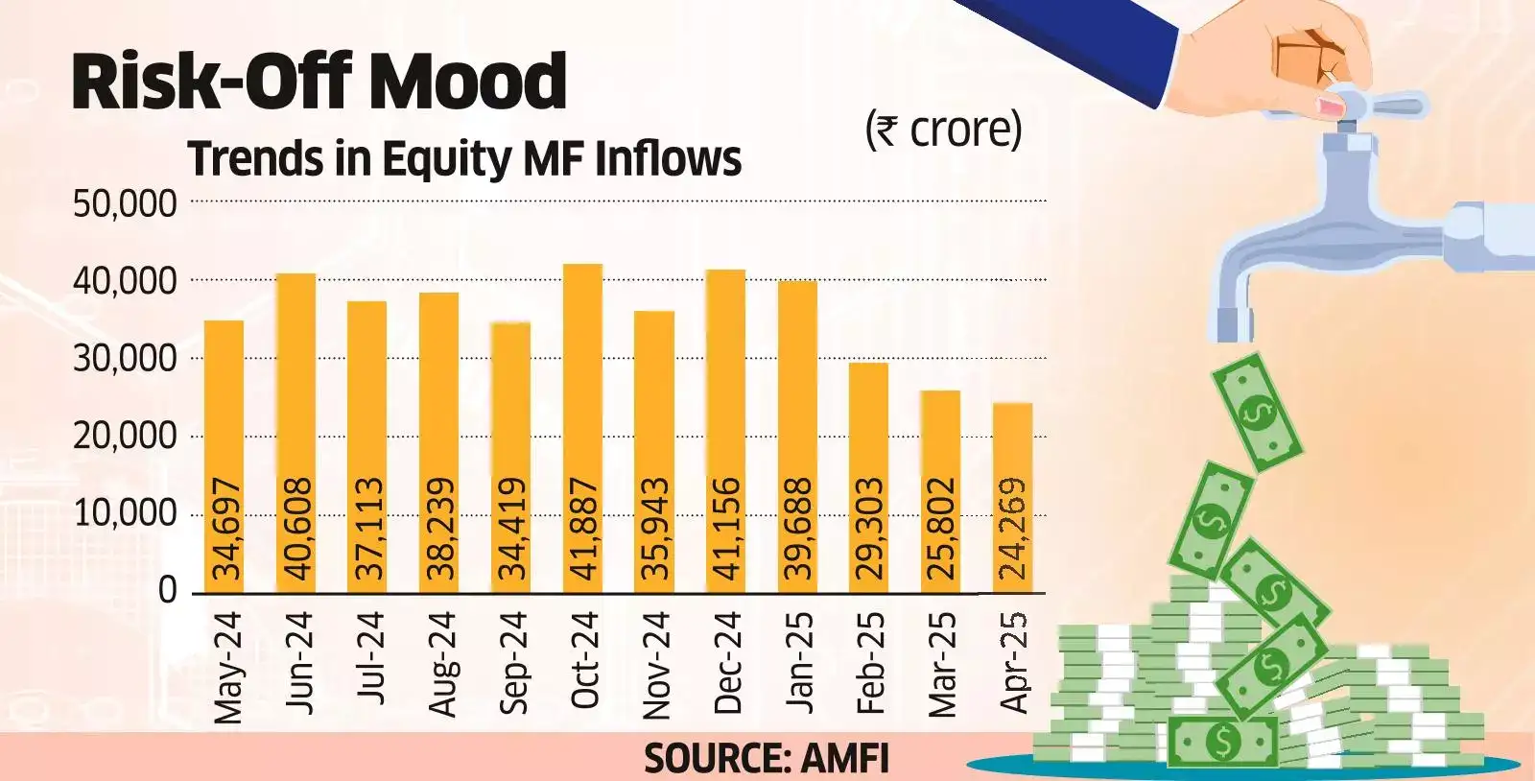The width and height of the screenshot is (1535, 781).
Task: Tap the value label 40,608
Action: (x=296, y=528)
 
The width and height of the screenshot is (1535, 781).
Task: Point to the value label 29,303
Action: (x=869, y=528)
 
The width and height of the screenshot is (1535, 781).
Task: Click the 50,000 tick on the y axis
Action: (x=125, y=204)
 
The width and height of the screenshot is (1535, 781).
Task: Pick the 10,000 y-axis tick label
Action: (x=125, y=513)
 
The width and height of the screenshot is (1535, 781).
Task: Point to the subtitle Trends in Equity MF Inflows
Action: (x=464, y=158)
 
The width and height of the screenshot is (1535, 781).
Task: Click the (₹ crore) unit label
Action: (x=943, y=130)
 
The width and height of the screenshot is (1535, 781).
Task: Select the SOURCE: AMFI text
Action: (x=766, y=759)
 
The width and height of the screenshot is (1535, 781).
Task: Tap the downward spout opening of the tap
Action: (x=1235, y=326)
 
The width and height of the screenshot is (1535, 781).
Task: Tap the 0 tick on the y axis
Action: (x=168, y=590)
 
